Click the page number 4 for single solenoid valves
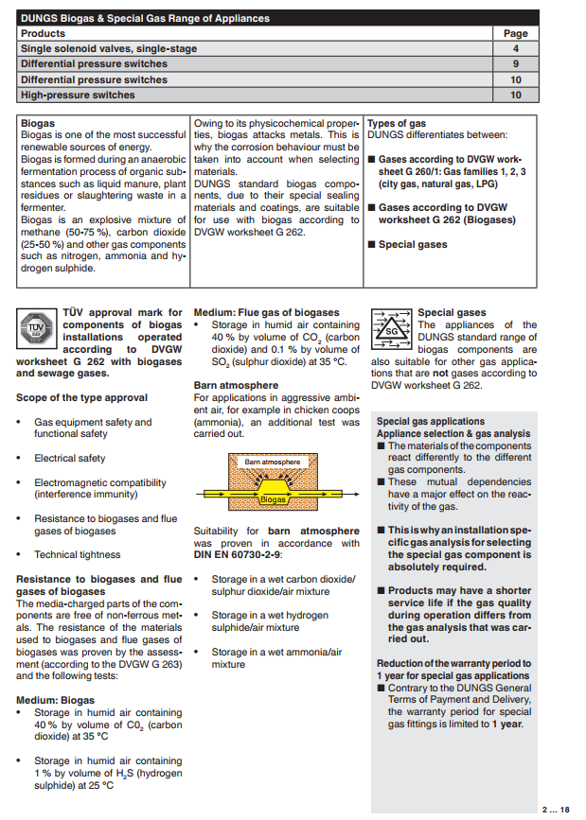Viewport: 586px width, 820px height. pos(516,48)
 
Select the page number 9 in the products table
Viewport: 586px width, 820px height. pos(516,64)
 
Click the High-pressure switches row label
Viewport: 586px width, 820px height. pos(78,96)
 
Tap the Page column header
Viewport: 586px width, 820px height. pos(516,33)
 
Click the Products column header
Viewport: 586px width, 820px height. pos(44,33)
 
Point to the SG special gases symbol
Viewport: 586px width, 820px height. pos(391,328)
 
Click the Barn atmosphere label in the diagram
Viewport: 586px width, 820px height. pos(272,462)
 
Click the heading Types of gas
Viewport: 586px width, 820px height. pos(397,124)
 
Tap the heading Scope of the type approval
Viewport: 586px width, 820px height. pos(81,398)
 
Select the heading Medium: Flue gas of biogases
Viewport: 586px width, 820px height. pos(266,313)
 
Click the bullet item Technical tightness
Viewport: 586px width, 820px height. pos(78,555)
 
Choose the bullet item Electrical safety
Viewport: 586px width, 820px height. pos(70,459)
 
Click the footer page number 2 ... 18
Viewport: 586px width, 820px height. pos(556,809)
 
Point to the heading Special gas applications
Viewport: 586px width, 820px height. pos(430,422)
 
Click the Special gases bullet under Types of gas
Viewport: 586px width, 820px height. pos(412,245)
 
